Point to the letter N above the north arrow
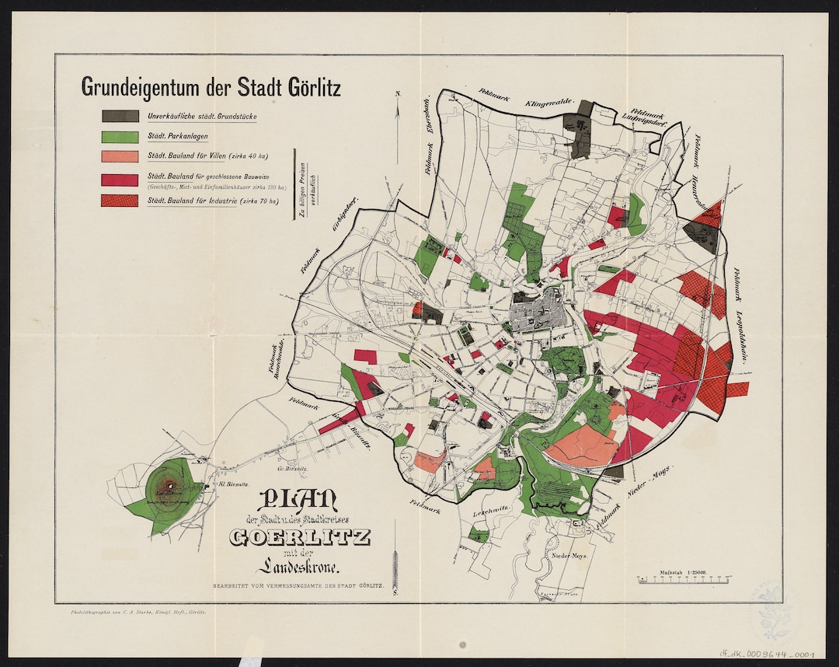point(396,94)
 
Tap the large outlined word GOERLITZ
point(300,537)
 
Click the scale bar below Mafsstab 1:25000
point(684,580)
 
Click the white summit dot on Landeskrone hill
point(170,487)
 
